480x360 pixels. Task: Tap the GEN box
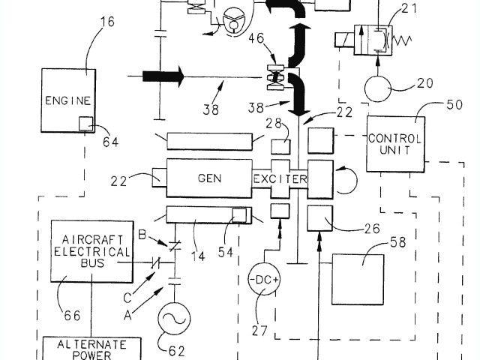pyautogui.click(x=209, y=178)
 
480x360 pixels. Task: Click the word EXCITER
pyautogui.click(x=280, y=178)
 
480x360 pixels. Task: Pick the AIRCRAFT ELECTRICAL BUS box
pyautogui.click(x=82, y=250)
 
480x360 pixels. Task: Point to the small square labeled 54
pyautogui.click(x=240, y=214)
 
